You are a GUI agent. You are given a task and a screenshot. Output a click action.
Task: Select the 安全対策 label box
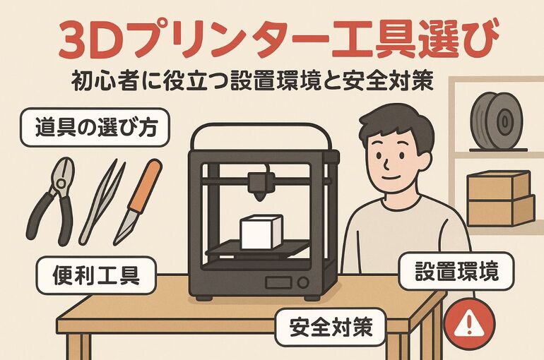331,327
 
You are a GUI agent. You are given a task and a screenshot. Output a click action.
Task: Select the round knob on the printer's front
304,284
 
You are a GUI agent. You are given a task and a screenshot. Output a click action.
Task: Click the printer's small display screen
277,284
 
